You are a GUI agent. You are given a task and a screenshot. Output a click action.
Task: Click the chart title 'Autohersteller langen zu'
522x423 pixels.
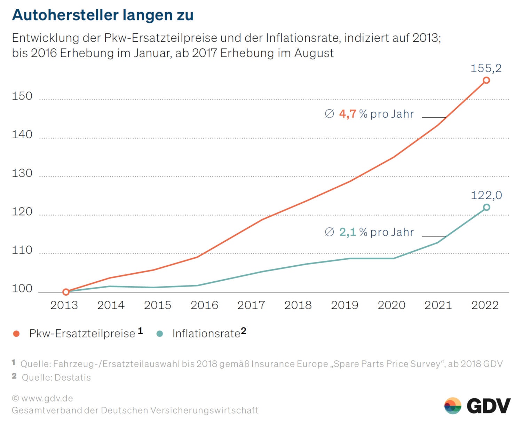tap(103, 15)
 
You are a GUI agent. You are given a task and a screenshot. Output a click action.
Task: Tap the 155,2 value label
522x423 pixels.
tap(486, 68)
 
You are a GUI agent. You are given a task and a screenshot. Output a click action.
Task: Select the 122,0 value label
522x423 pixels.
tap(486, 195)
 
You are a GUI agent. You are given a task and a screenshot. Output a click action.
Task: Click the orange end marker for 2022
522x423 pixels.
tap(486, 80)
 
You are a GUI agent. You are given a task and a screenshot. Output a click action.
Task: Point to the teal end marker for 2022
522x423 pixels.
tap(487, 207)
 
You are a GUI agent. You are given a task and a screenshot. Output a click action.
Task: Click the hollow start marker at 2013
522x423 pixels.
tap(66, 292)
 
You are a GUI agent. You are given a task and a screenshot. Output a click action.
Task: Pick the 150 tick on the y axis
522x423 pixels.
tap(22, 96)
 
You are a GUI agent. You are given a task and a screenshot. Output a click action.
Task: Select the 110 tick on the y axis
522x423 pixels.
tap(22, 250)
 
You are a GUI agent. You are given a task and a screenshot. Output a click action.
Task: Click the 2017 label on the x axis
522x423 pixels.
tap(251, 305)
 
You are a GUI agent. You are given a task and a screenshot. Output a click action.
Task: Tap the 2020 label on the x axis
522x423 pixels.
tap(391, 305)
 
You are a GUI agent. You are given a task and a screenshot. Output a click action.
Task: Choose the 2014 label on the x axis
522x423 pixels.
tap(111, 305)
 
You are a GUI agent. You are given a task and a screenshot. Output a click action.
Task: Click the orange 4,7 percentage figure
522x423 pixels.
tap(347, 114)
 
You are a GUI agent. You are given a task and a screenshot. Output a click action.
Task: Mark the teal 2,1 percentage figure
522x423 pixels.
tap(347, 232)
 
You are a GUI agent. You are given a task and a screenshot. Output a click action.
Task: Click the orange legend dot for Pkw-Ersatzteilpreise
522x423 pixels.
tap(16, 334)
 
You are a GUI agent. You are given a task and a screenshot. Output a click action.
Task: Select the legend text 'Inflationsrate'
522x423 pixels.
tap(206, 334)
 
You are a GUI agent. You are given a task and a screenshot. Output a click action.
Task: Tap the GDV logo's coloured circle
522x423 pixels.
tap(452, 406)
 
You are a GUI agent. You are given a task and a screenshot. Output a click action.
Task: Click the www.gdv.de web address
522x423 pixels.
tap(47, 398)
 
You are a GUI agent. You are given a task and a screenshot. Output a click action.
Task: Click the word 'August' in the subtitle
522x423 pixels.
tap(314, 53)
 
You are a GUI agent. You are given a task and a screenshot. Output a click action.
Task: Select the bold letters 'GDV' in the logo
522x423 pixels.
tap(489, 406)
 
